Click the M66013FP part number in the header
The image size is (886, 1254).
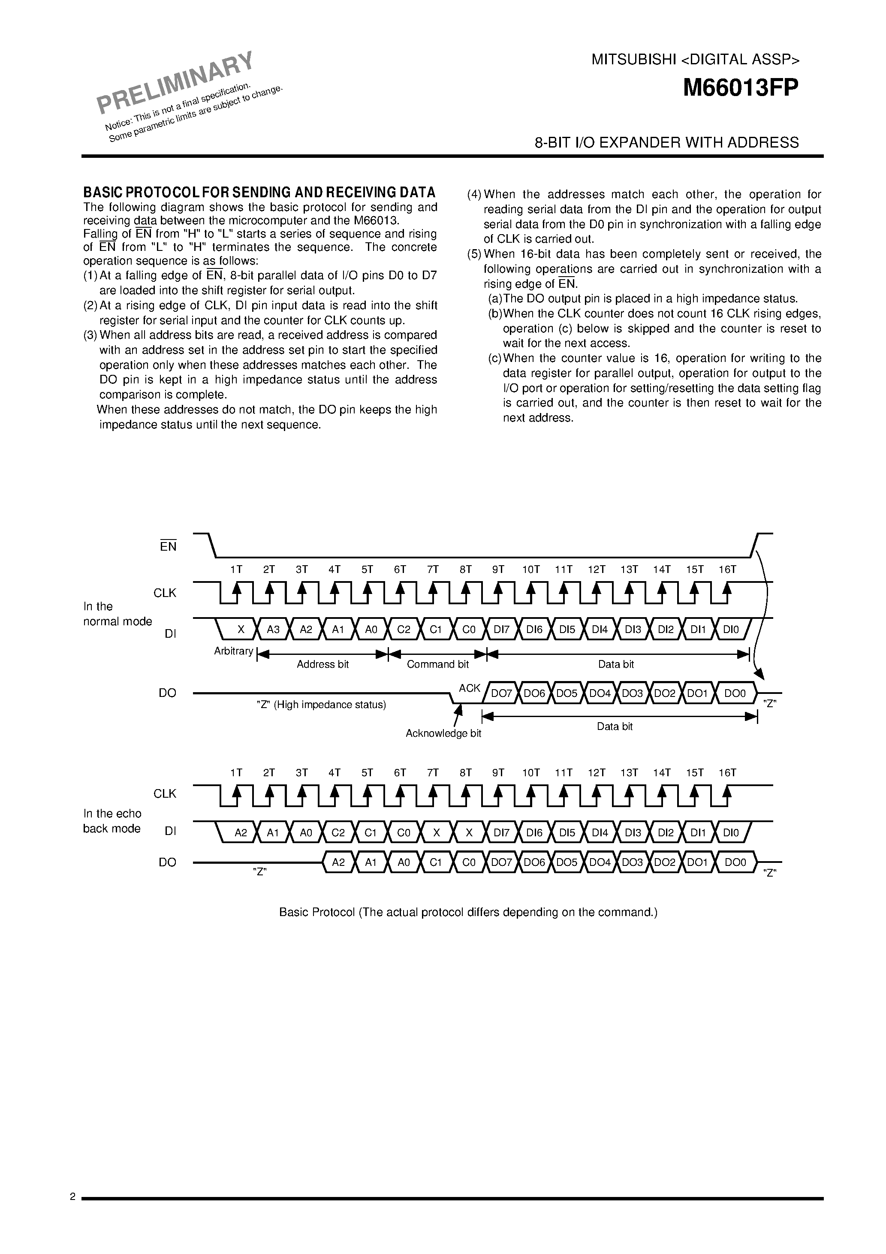coord(740,88)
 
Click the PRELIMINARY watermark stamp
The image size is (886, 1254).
coord(175,82)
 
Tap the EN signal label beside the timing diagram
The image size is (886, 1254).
coord(168,546)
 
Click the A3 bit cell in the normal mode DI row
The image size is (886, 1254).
coord(273,629)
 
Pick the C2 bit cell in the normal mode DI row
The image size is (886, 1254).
coord(404,629)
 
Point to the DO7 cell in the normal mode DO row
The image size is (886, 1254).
coord(501,693)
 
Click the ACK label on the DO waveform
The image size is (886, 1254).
coord(470,688)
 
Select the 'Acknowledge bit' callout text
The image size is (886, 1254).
coord(443,733)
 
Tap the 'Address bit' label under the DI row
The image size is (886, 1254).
coord(322,664)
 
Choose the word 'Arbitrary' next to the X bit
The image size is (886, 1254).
coord(234,651)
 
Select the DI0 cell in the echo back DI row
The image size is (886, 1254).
coord(730,833)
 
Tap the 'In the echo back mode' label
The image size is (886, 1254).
coord(112,821)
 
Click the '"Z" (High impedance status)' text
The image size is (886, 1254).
coord(321,705)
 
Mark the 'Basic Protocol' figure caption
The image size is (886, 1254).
coord(468,912)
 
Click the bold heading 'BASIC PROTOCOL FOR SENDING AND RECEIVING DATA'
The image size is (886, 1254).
coord(259,192)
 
